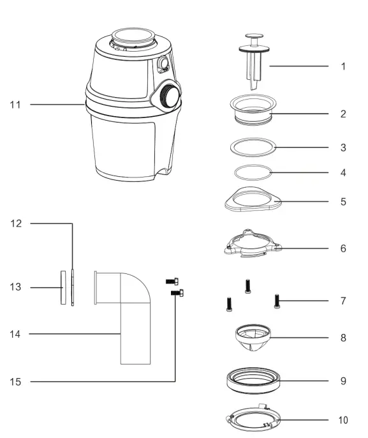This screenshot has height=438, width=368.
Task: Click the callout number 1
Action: [x=343, y=66]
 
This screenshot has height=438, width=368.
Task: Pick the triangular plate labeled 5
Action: [x=253, y=200]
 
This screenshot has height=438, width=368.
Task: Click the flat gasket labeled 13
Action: [x=63, y=287]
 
